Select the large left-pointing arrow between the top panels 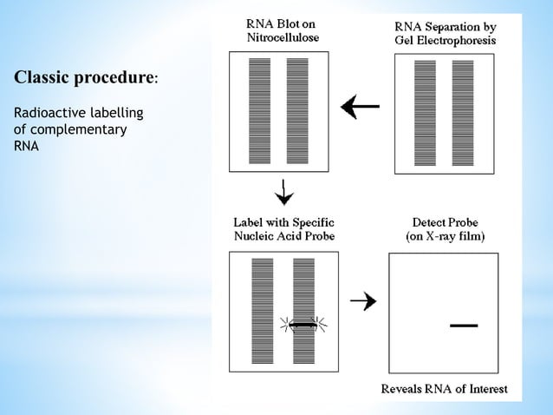tap(360, 107)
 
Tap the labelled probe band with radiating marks tap(303, 324)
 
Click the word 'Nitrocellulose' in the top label tap(283, 37)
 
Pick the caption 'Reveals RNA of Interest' tap(445, 388)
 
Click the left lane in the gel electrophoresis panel tap(425, 111)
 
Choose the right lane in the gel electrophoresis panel tap(463, 111)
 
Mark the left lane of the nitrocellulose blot tap(259, 111)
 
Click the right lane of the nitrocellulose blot tap(297, 111)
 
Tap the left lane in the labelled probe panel tap(263, 310)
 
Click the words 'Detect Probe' tap(446, 222)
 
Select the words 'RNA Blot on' tap(283, 23)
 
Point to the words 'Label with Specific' tap(283, 222)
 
